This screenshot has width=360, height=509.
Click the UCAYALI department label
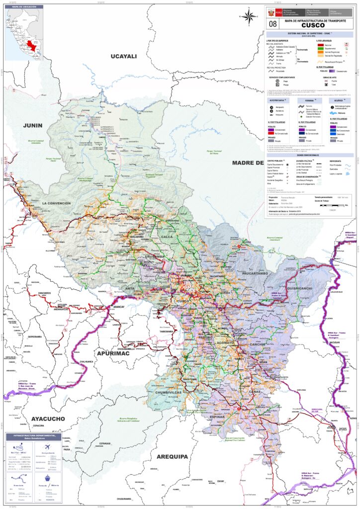point(123,56)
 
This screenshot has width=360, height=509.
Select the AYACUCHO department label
point(48,419)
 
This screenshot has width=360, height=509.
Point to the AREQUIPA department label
point(172,456)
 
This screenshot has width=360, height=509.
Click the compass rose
point(249,16)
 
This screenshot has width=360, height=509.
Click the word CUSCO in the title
point(313,25)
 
